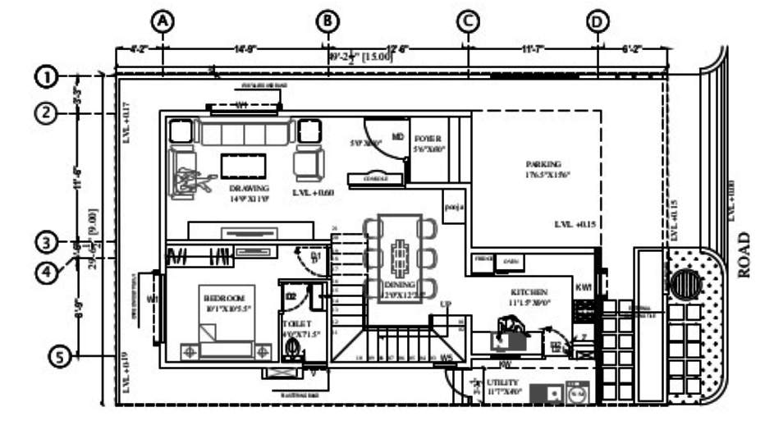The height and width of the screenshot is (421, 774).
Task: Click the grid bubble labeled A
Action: (x=163, y=21)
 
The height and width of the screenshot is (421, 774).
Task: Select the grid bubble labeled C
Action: (x=468, y=21)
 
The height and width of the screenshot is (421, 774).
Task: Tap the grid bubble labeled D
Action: (x=598, y=21)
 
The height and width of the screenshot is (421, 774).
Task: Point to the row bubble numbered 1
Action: (x=47, y=76)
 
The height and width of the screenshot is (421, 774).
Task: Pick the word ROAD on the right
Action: (x=744, y=254)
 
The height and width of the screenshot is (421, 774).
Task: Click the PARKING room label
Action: (x=543, y=164)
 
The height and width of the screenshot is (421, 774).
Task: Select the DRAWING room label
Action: (x=249, y=188)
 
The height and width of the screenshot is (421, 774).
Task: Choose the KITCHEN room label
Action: (x=529, y=292)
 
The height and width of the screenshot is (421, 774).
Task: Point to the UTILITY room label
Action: (x=502, y=383)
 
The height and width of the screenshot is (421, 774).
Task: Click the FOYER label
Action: (x=428, y=139)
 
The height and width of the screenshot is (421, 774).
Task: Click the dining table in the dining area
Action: (x=400, y=259)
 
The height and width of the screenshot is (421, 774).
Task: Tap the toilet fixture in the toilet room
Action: (x=291, y=348)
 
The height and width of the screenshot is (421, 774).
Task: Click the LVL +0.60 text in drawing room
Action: (x=314, y=192)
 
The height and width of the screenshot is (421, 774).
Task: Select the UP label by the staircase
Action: (x=447, y=304)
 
